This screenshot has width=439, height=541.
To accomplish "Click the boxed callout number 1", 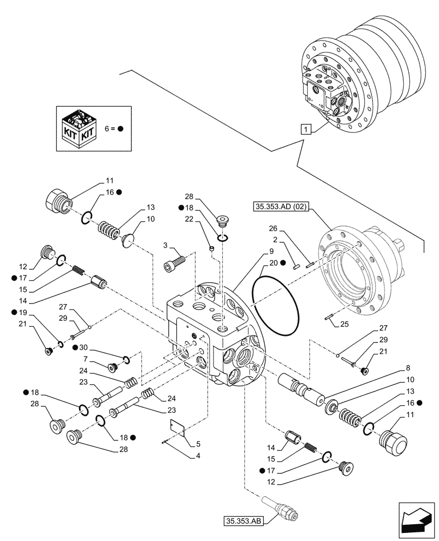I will point(307,129).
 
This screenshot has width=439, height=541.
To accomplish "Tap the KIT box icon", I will point(80,129).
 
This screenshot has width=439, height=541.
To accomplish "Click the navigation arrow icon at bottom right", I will point(417,520).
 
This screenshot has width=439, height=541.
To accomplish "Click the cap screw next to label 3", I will point(175,265).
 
